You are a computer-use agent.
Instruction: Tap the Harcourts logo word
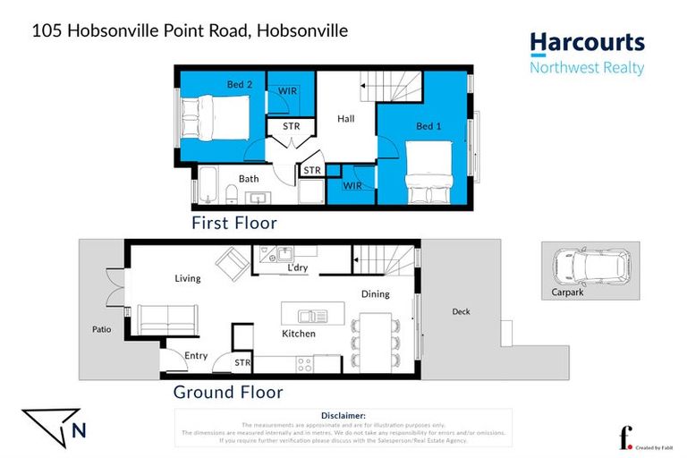586,43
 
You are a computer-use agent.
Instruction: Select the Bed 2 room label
239,85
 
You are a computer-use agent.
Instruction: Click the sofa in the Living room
168,317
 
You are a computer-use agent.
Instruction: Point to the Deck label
461,311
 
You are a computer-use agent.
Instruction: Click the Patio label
101,329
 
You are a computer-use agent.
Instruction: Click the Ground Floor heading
227,392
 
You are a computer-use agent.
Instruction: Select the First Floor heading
234,223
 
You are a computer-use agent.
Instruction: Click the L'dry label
297,268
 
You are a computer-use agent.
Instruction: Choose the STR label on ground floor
242,362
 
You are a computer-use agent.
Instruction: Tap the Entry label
196,355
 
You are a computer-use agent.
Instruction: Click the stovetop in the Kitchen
304,364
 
